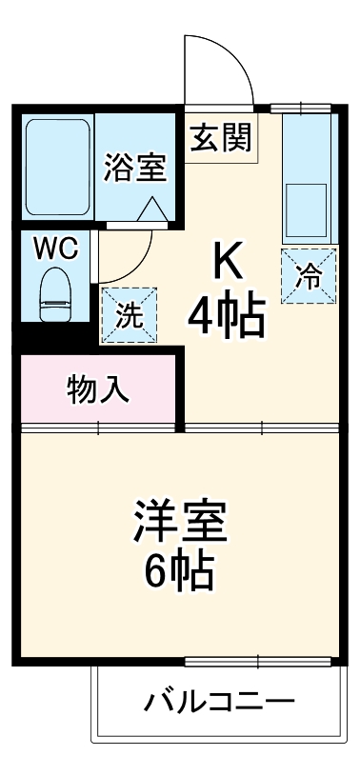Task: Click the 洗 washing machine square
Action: coord(127,314)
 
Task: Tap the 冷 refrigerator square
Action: coord(309,275)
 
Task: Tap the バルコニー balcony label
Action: coord(219,704)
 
